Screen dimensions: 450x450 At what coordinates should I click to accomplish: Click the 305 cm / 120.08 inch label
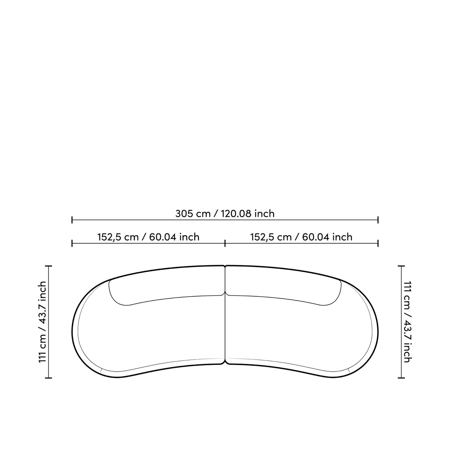pyautogui.click(x=225, y=214)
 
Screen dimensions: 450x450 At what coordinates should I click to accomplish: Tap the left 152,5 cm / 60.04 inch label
pyautogui.click(x=148, y=237)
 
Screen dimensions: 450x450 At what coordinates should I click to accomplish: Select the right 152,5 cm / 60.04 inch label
pyautogui.click(x=301, y=237)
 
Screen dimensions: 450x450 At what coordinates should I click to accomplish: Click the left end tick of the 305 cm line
pyautogui.click(x=72, y=220)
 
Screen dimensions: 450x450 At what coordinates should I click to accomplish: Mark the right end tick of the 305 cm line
pyautogui.click(x=378, y=220)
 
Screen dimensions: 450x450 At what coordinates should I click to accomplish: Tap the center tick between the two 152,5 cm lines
pyautogui.click(x=225, y=243)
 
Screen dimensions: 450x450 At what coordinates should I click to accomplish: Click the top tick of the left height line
pyautogui.click(x=49, y=266)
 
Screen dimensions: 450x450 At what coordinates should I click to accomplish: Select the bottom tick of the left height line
pyautogui.click(x=49, y=378)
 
